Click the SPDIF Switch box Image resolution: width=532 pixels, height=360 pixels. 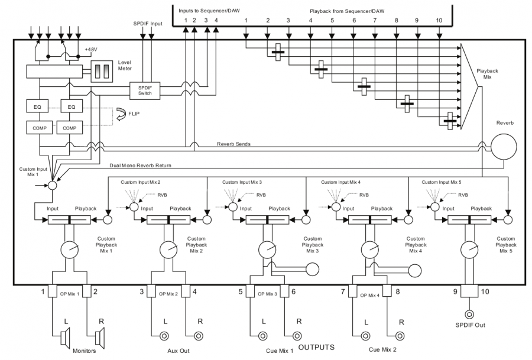(x=145, y=90)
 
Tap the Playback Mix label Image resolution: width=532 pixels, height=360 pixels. (x=487, y=74)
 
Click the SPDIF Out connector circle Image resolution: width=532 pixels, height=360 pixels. (x=471, y=315)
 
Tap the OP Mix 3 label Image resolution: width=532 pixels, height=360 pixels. (x=267, y=293)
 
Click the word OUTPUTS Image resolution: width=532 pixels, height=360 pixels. (x=317, y=348)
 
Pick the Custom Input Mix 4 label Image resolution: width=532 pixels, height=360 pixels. (x=344, y=183)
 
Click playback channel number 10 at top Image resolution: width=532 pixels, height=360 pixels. (x=439, y=21)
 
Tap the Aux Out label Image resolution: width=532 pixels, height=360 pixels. (x=178, y=351)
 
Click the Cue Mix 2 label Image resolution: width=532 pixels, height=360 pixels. (x=382, y=350)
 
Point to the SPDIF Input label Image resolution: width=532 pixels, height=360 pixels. (x=147, y=23)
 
